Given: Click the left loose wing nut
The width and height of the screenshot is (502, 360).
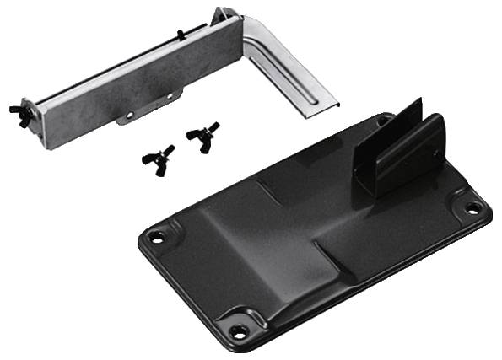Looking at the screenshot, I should pos(160,158).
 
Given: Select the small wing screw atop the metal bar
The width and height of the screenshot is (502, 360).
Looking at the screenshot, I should pos(180,34).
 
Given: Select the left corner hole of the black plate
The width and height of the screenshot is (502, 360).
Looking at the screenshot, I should pos(155,237).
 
